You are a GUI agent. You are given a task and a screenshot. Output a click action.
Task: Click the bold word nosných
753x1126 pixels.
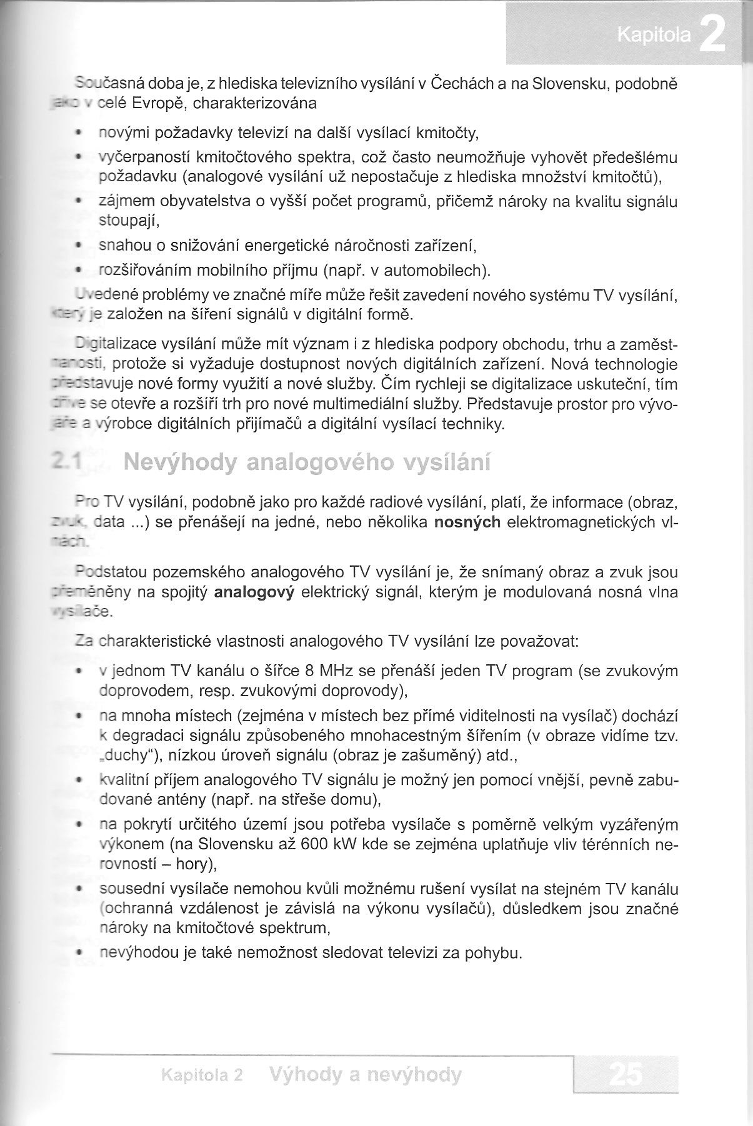[467, 522]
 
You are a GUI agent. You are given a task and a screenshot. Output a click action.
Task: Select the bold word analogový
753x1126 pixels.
[254, 592]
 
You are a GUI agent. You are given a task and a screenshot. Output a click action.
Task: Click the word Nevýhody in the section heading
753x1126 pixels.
[177, 464]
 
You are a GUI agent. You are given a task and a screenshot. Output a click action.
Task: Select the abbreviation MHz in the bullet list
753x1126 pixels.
[338, 672]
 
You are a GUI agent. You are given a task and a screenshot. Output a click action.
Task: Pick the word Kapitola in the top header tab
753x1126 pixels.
[654, 37]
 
